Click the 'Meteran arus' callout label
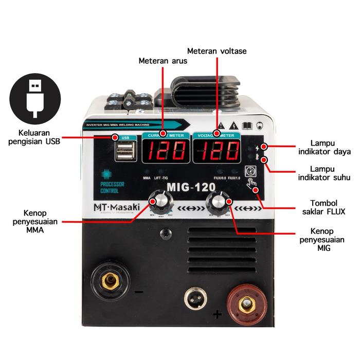click(163, 61)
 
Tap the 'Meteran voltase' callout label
click(217, 51)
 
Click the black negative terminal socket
click(110, 280)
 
